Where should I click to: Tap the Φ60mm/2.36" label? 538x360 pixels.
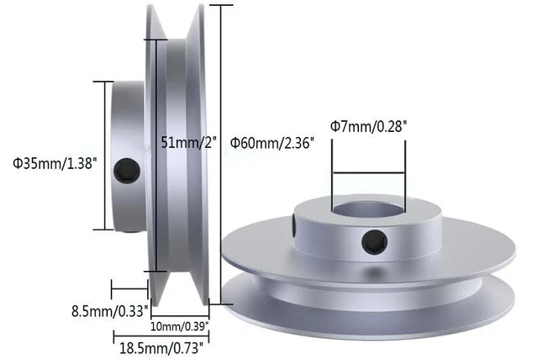[272, 143]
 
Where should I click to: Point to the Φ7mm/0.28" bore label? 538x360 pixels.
[368, 126]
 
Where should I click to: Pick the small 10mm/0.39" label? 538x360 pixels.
[180, 325]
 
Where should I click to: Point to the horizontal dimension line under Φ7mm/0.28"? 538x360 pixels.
[369, 174]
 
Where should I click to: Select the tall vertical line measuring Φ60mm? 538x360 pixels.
[221, 151]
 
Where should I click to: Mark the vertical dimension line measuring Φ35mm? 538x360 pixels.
[104, 155]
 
